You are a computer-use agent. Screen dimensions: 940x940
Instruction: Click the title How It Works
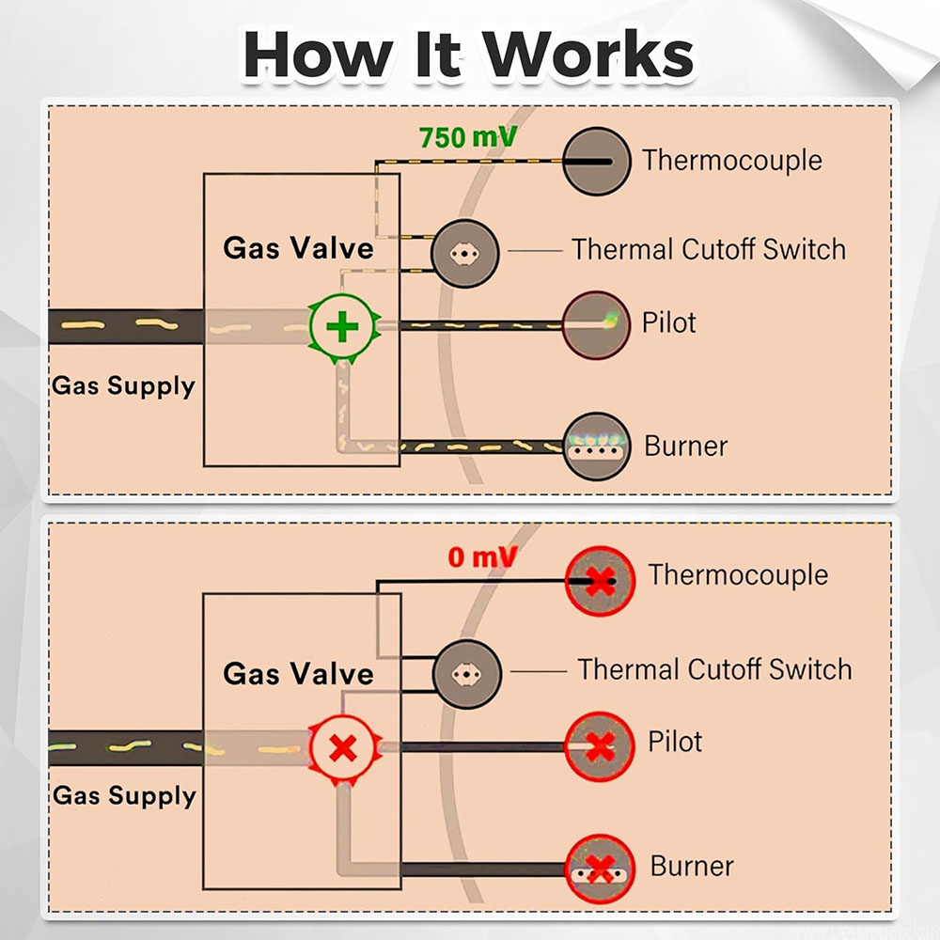tap(467, 54)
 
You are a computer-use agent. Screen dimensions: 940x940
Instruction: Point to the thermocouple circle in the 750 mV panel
tap(596, 161)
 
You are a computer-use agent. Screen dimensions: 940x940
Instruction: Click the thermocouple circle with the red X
tap(598, 581)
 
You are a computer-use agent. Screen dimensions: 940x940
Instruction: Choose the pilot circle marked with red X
tap(598, 746)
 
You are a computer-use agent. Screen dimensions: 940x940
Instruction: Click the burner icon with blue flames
tap(596, 446)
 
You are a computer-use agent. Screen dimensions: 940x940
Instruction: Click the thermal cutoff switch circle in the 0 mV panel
tap(466, 673)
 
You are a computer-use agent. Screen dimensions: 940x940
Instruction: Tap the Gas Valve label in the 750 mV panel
tap(298, 248)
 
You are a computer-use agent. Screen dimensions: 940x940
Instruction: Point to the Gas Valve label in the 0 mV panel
tap(298, 673)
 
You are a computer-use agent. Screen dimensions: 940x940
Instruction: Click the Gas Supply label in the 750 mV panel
tap(123, 385)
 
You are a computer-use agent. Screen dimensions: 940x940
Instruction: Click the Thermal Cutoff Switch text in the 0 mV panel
tap(714, 669)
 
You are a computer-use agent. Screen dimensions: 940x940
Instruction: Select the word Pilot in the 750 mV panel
tap(669, 322)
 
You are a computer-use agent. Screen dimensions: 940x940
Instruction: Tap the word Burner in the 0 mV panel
tap(692, 866)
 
